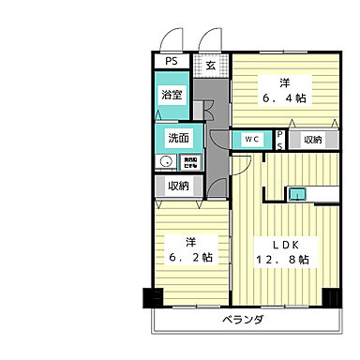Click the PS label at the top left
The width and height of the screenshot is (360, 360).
[170, 62]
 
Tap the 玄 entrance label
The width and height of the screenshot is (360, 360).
[211, 66]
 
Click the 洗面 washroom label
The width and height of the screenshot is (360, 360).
[179, 138]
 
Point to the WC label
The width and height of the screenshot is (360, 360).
[251, 140]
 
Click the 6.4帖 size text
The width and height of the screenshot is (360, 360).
[282, 96]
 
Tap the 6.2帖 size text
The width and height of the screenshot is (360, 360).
[190, 256]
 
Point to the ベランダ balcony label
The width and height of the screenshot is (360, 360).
[243, 320]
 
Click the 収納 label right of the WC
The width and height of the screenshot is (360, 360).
[310, 140]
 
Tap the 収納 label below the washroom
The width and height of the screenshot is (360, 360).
[178, 186]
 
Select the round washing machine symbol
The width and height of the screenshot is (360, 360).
[165, 161]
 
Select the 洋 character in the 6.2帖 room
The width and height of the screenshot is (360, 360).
[190, 238]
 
